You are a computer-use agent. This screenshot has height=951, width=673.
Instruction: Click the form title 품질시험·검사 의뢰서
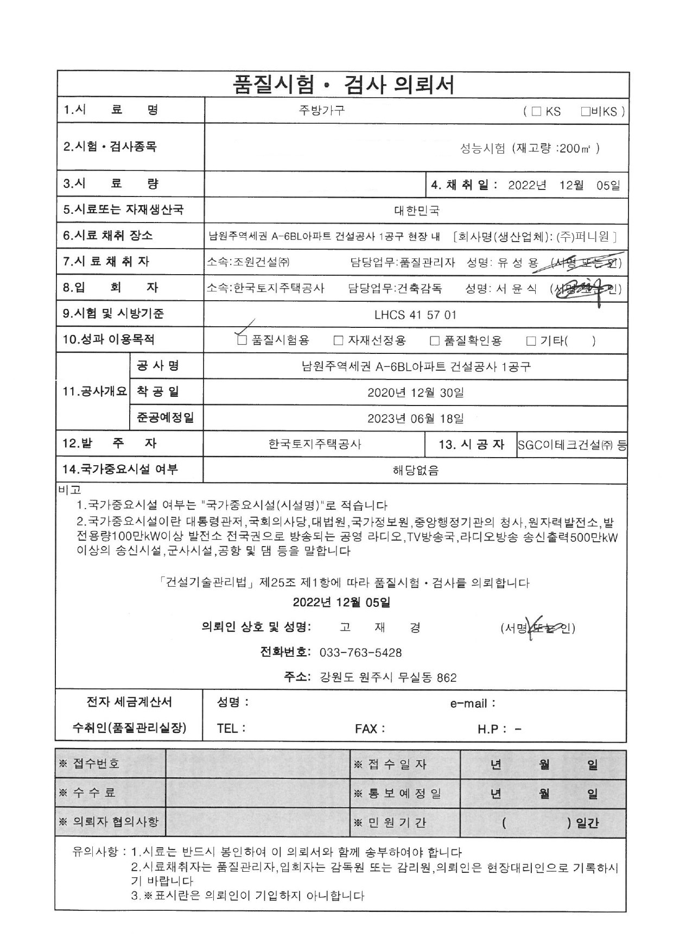click(343, 85)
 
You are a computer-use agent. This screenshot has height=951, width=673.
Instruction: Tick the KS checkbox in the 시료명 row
click(536, 111)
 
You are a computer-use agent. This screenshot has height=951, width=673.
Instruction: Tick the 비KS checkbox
click(585, 111)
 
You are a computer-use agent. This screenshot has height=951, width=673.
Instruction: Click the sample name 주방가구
click(321, 111)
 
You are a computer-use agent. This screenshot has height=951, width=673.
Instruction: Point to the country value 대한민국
click(416, 211)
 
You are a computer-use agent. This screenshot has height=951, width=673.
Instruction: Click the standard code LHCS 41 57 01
click(415, 315)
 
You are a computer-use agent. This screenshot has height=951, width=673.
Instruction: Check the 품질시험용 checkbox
click(242, 340)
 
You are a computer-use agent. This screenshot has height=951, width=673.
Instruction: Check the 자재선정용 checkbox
click(338, 340)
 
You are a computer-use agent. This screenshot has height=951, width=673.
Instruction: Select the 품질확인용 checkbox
click(434, 340)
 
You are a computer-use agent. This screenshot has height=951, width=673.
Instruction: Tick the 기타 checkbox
click(531, 340)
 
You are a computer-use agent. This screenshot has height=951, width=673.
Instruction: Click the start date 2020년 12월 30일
click(415, 392)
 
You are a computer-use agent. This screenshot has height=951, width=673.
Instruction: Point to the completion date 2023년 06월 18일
click(415, 419)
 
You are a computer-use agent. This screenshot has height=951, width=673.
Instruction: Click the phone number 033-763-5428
click(360, 652)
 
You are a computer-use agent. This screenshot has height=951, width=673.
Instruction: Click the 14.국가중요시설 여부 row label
click(120, 470)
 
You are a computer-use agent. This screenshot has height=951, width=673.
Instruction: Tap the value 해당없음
click(415, 470)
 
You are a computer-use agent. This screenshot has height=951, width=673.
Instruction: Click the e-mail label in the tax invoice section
click(472, 703)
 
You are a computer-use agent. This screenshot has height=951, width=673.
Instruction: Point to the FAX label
click(370, 728)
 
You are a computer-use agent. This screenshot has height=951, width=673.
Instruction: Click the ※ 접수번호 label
click(89, 764)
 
